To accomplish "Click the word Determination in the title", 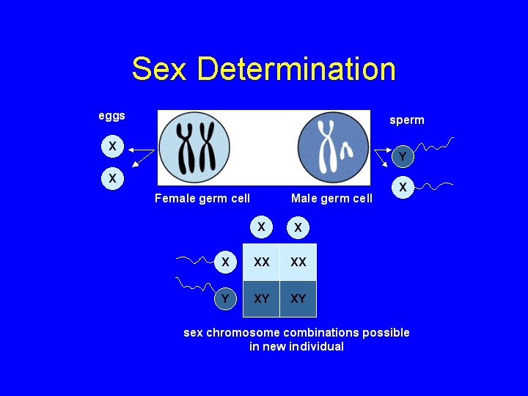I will pos(296,70).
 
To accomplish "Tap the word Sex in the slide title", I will pos(161,70).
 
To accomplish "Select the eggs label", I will pos(112,116).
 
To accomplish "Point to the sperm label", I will pos(406,120).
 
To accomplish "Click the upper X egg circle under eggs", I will pos(111,147).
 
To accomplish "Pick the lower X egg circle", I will pos(111,178).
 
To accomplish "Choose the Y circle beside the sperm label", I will pos(403,156).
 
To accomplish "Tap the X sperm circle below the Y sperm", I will pos(403,187).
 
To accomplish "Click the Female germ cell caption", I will pos(202,198).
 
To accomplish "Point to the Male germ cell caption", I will pos(331,198).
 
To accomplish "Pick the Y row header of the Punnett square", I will pos(226,298).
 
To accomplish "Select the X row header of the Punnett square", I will pos(226,262).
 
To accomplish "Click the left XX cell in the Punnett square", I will pos(261,262).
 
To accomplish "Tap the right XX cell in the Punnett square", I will pos(298,262).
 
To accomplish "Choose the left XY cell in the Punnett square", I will pos(261,298).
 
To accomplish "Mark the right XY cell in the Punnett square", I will pos(298,298).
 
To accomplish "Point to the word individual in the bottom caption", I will pos(315,347).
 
